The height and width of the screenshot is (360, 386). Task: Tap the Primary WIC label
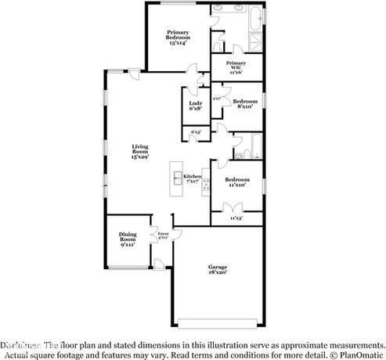point(236,66)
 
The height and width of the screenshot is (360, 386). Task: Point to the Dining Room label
point(128,238)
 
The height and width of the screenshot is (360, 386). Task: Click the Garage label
point(217,269)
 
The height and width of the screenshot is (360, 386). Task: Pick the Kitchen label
point(193,178)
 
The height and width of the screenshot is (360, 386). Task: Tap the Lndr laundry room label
point(196,107)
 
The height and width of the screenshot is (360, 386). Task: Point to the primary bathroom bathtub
point(257,16)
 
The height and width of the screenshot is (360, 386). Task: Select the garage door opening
point(217,322)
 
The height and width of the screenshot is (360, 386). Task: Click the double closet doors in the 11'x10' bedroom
point(235,207)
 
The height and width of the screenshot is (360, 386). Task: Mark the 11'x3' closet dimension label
point(236,218)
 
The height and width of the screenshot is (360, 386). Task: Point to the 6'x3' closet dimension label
point(196,132)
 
